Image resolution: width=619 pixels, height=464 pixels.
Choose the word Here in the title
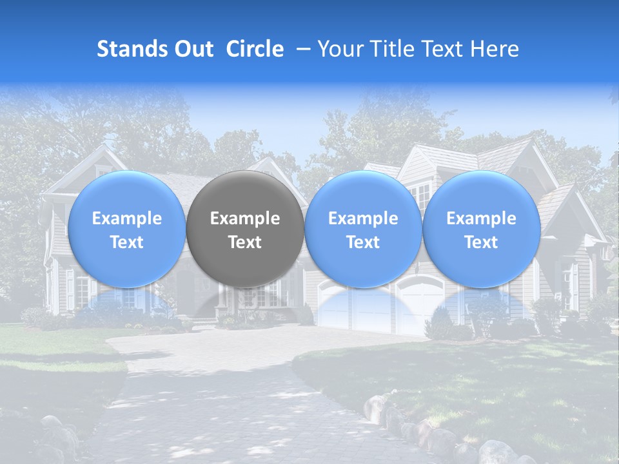tap(495, 49)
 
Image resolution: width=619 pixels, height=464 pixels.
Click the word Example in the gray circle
tap(245, 218)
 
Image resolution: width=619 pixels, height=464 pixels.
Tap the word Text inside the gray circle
tap(245, 242)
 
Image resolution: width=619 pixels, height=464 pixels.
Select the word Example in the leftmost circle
tap(126, 218)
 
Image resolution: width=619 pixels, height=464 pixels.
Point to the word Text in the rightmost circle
tap(481, 242)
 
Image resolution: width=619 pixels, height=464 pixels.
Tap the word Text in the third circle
tap(363, 242)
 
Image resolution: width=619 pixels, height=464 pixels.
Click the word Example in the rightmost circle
tap(481, 218)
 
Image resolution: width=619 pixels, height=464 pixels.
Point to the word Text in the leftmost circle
tap(126, 242)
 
